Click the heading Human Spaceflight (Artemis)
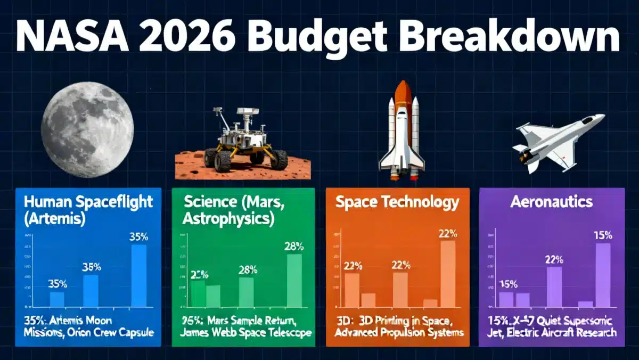[88, 210]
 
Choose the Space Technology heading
[397, 202]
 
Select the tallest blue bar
[139, 276]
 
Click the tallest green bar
[294, 281]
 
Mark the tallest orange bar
[448, 274]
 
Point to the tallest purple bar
[603, 275]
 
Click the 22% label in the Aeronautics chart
[554, 260]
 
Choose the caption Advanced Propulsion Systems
[399, 333]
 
